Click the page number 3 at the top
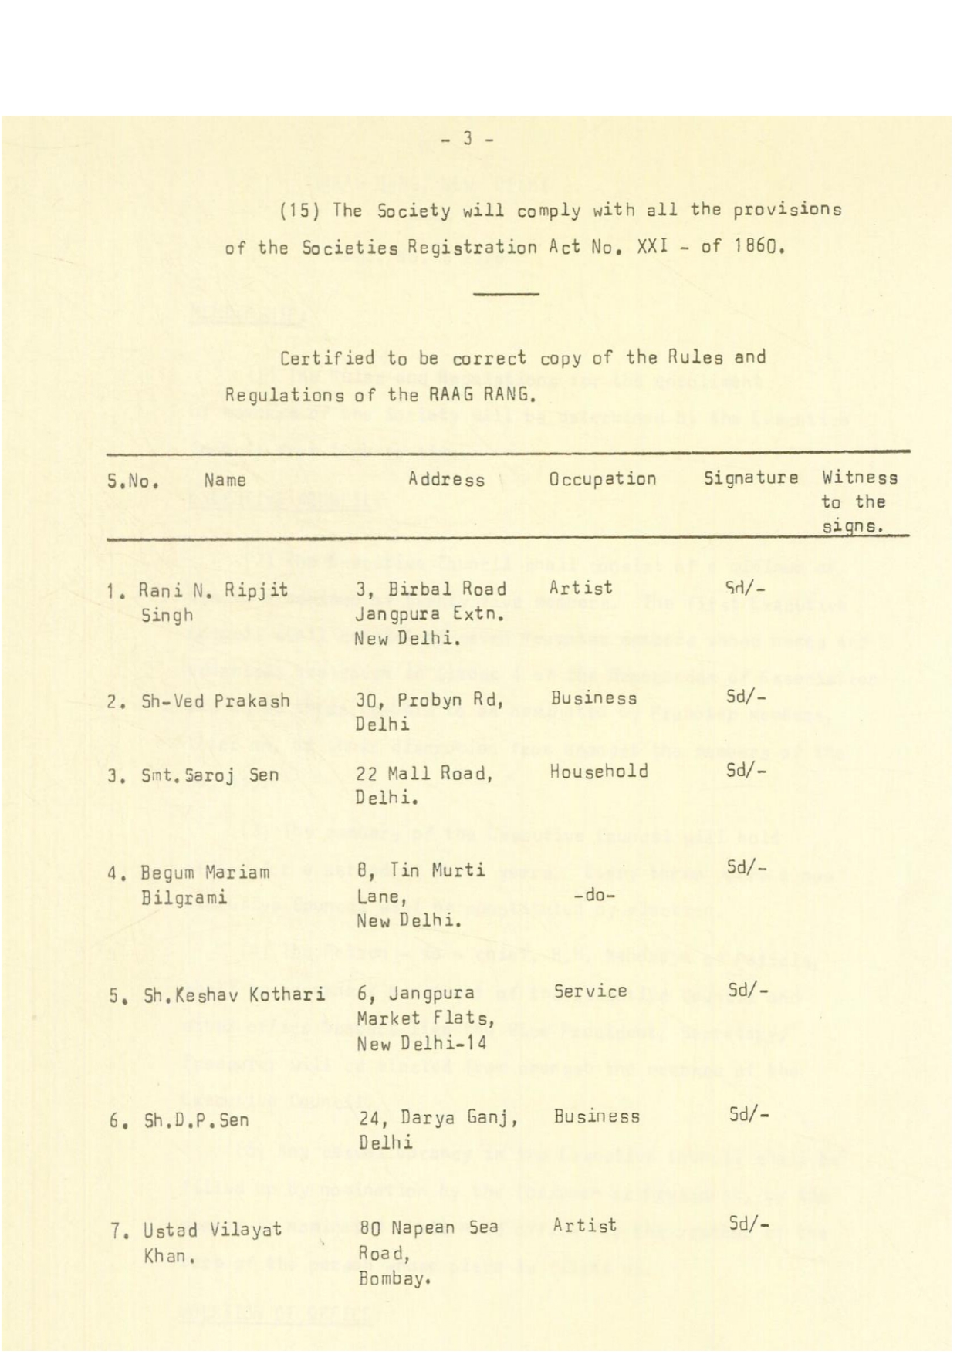pyautogui.click(x=467, y=139)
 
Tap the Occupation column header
pyautogui.click(x=602, y=478)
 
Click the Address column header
pyautogui.click(x=446, y=479)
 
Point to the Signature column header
pyautogui.click(x=750, y=478)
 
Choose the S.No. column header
pyautogui.click(x=133, y=480)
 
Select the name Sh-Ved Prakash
pyautogui.click(x=215, y=701)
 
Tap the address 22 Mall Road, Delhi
pyautogui.click(x=424, y=784)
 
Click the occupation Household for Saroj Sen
pyautogui.click(x=598, y=771)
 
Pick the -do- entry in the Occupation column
pyautogui.click(x=593, y=896)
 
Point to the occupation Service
pyautogui.click(x=590, y=991)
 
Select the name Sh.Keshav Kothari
pyautogui.click(x=234, y=994)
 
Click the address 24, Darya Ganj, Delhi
pyautogui.click(x=437, y=1129)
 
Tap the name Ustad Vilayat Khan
pyautogui.click(x=212, y=1241)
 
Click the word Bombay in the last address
pyautogui.click(x=392, y=1279)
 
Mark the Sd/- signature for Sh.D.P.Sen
pyautogui.click(x=748, y=1114)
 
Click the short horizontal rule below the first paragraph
pyautogui.click(x=506, y=294)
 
